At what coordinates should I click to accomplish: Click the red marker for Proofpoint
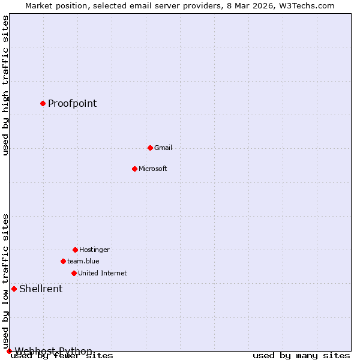(43, 103)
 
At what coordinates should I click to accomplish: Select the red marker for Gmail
(150, 148)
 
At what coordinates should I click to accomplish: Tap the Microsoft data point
(134, 169)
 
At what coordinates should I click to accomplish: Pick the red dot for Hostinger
(75, 250)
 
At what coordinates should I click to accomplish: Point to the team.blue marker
(63, 261)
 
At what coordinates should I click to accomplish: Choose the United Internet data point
(74, 273)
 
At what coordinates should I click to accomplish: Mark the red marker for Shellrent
(14, 289)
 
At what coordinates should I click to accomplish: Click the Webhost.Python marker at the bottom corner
(9, 351)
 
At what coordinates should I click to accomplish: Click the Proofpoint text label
(72, 103)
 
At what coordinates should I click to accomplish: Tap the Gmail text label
(163, 148)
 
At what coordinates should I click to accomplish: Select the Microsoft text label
(152, 169)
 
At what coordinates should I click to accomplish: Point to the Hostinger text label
(94, 250)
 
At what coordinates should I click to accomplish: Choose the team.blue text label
(83, 261)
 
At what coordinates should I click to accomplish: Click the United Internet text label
(102, 273)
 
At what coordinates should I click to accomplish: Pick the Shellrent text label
(41, 289)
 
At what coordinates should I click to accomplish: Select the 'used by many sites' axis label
(301, 356)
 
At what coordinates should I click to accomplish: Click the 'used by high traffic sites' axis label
(5, 85)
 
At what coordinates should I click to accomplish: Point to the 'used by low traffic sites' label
(5, 281)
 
